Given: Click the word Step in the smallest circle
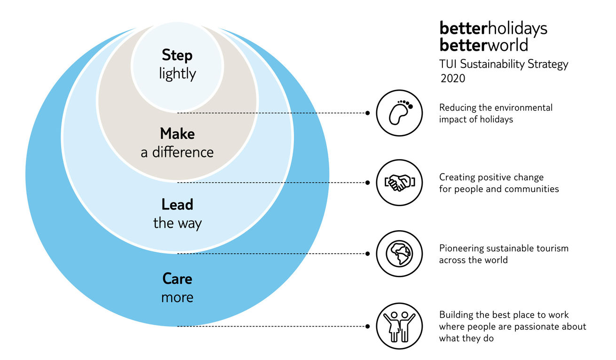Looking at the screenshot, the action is pyautogui.click(x=177, y=56).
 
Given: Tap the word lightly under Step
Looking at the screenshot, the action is pyautogui.click(x=177, y=74).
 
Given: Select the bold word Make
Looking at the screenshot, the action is pyautogui.click(x=177, y=134).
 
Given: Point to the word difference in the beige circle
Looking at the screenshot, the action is pyautogui.click(x=183, y=152).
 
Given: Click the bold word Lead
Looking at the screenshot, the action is pyautogui.click(x=177, y=205).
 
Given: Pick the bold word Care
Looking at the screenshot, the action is pyautogui.click(x=177, y=279).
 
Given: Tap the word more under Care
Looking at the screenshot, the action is pyautogui.click(x=177, y=297).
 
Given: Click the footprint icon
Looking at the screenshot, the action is pyautogui.click(x=399, y=113).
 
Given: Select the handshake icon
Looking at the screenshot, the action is pyautogui.click(x=399, y=183).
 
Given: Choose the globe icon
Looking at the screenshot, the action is pyautogui.click(x=399, y=254).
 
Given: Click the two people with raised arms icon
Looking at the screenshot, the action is pyautogui.click(x=399, y=327).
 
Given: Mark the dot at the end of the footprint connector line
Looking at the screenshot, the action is pyautogui.click(x=367, y=113).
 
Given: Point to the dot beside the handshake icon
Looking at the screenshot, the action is pyautogui.click(x=367, y=183).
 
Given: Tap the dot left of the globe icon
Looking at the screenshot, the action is pyautogui.click(x=367, y=254).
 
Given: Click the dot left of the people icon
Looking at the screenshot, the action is pyautogui.click(x=367, y=327).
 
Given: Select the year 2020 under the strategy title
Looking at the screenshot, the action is pyautogui.click(x=453, y=79).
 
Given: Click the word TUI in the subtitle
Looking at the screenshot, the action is pyautogui.click(x=448, y=64).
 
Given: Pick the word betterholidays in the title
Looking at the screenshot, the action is pyautogui.click(x=493, y=29).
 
